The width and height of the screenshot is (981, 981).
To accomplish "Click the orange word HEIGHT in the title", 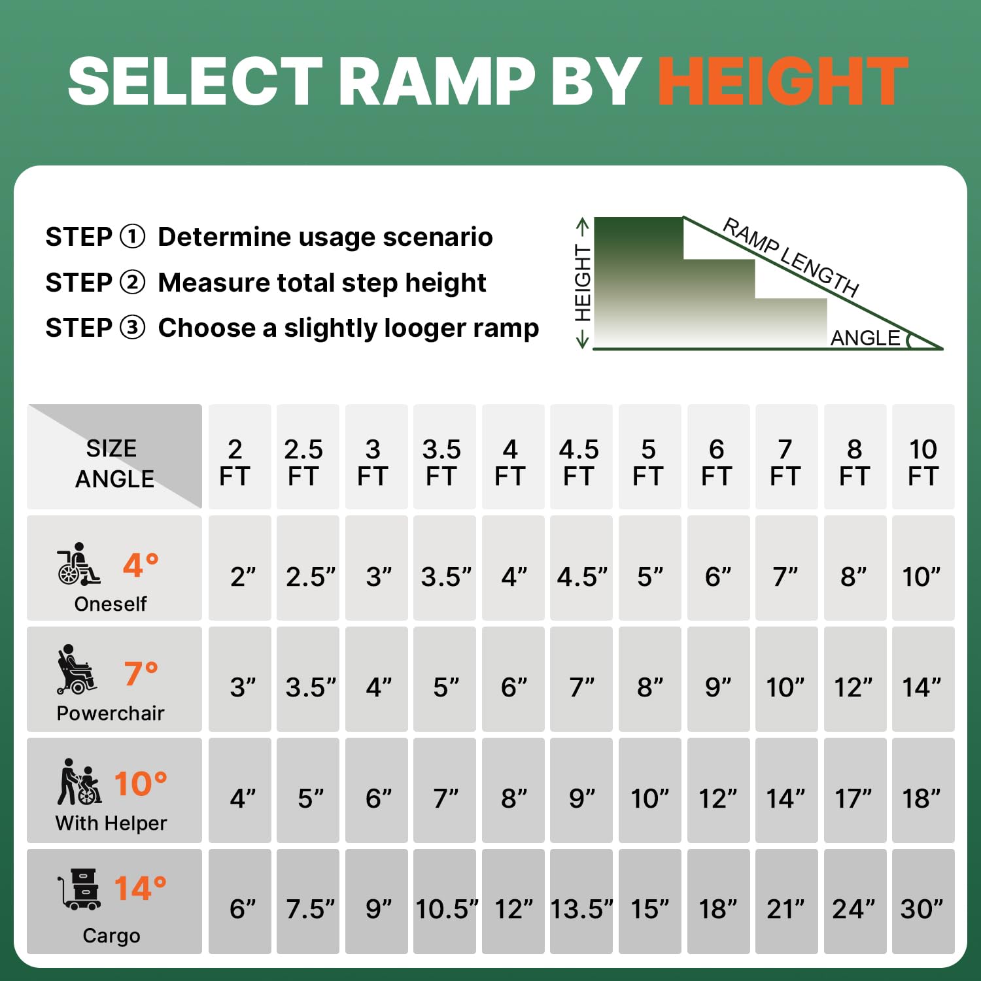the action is [x=783, y=81].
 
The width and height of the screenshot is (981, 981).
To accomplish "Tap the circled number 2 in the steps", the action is [x=133, y=283].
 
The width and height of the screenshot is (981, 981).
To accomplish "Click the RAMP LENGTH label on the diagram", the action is [x=791, y=257].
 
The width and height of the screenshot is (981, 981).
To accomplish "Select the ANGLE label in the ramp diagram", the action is [x=865, y=338].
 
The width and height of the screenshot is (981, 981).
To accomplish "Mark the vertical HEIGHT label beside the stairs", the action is [x=583, y=283].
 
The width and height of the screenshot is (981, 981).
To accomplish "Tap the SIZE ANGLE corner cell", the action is [x=114, y=456].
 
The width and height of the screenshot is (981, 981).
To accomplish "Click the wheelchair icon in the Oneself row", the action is [x=78, y=564].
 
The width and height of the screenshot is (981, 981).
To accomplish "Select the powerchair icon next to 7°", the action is [x=77, y=670].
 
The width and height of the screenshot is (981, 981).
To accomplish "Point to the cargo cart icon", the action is [x=79, y=889].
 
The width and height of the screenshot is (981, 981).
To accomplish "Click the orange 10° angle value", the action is [x=141, y=783].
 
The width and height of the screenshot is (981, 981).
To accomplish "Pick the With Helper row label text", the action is [x=111, y=823].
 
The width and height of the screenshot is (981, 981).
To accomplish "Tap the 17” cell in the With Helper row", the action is [x=853, y=799].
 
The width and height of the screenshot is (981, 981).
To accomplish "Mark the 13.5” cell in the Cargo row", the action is [x=581, y=909].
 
